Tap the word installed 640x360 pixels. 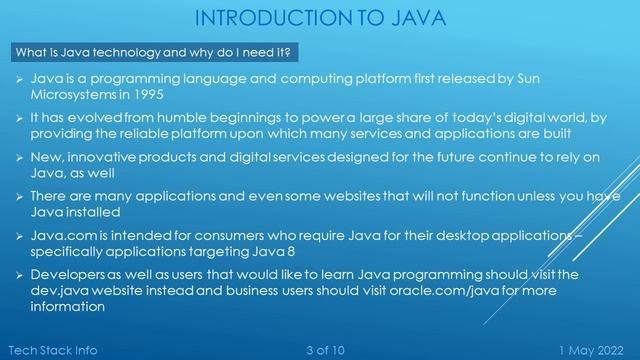point(94,213)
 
